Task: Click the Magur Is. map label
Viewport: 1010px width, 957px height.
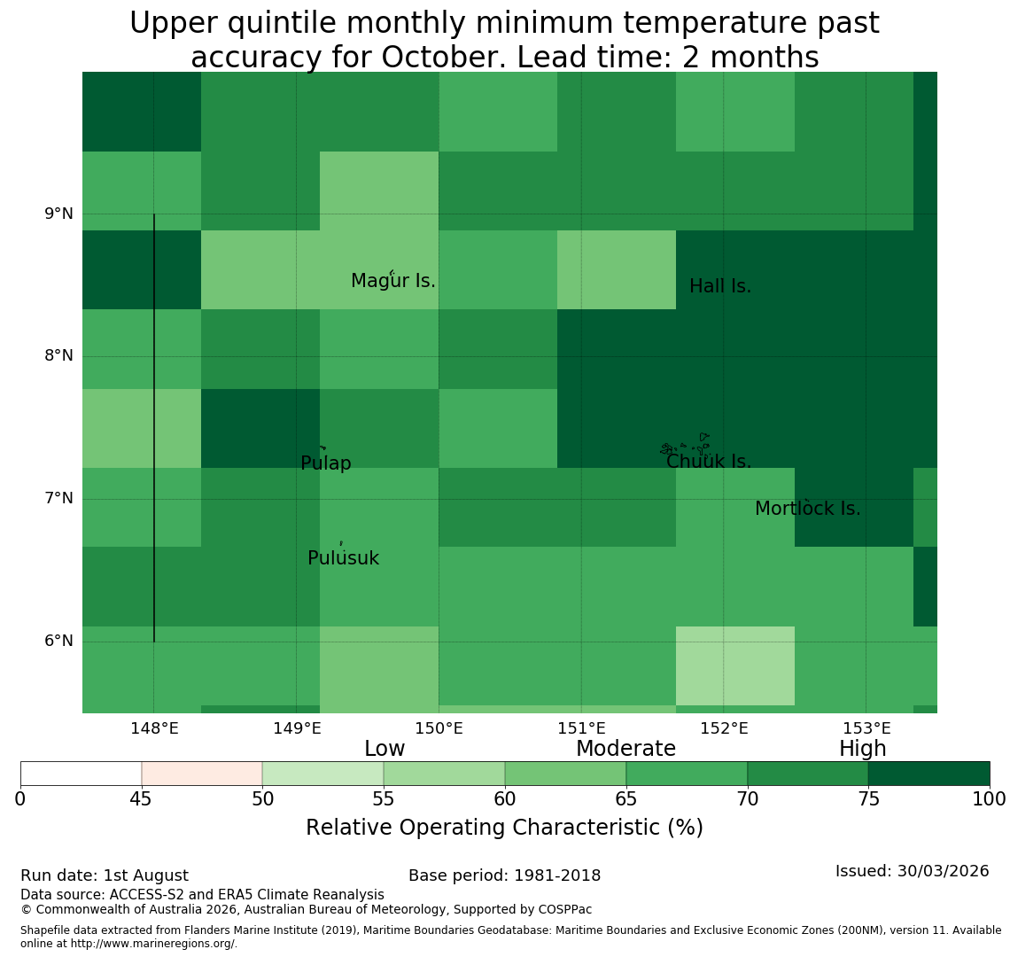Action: [x=392, y=281]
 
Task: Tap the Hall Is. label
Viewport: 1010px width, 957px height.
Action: [x=720, y=286]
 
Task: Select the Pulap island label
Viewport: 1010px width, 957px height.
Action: [x=326, y=463]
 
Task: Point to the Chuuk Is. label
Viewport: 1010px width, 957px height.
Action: [x=709, y=462]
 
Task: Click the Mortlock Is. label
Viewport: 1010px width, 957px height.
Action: [x=808, y=509]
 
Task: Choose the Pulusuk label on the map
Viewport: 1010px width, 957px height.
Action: [x=344, y=558]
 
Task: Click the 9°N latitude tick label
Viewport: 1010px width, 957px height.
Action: [x=58, y=214]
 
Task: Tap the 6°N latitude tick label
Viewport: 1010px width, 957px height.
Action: [x=58, y=642]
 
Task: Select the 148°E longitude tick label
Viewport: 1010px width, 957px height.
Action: [x=154, y=729]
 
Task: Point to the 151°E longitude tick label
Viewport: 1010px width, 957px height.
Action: [x=582, y=729]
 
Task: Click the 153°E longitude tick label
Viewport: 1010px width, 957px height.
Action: [x=866, y=729]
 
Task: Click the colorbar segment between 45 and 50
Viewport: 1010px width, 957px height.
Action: [x=202, y=774]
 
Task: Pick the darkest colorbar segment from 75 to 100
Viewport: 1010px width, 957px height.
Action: [x=928, y=774]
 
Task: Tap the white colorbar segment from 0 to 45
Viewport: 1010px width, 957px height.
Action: [x=82, y=774]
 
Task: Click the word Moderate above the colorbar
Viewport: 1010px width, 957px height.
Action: [x=626, y=749]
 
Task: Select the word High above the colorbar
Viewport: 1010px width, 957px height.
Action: [x=863, y=749]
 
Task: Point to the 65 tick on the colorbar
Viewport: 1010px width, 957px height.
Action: [x=626, y=800]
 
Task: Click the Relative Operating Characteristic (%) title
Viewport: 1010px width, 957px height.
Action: [x=504, y=828]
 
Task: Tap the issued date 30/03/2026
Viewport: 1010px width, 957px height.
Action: [x=943, y=871]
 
